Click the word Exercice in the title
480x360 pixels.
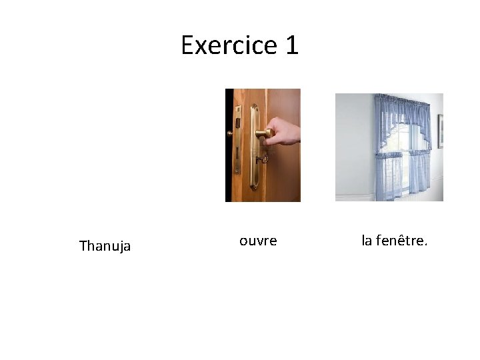[229, 45]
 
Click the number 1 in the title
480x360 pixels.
[291, 45]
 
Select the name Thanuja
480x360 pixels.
[105, 246]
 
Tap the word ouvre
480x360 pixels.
[258, 241]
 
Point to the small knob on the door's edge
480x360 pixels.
[230, 133]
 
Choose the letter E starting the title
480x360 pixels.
[188, 45]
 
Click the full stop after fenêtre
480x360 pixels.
[425, 244]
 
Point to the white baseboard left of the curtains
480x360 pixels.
[353, 197]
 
